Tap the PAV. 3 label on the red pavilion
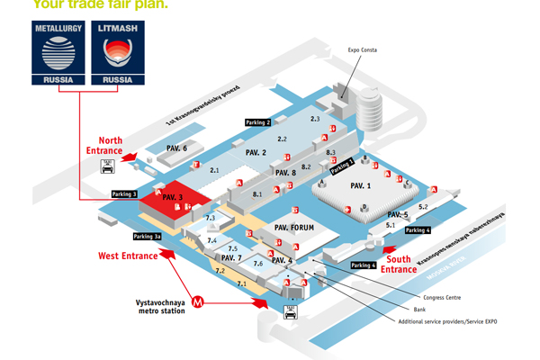coord(174,196)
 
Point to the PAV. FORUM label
coord(294,228)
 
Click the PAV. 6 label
coord(176,148)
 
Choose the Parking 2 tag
coord(256,121)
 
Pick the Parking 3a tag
coord(147,236)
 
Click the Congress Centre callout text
coord(442,296)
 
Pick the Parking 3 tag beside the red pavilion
coord(124,193)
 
